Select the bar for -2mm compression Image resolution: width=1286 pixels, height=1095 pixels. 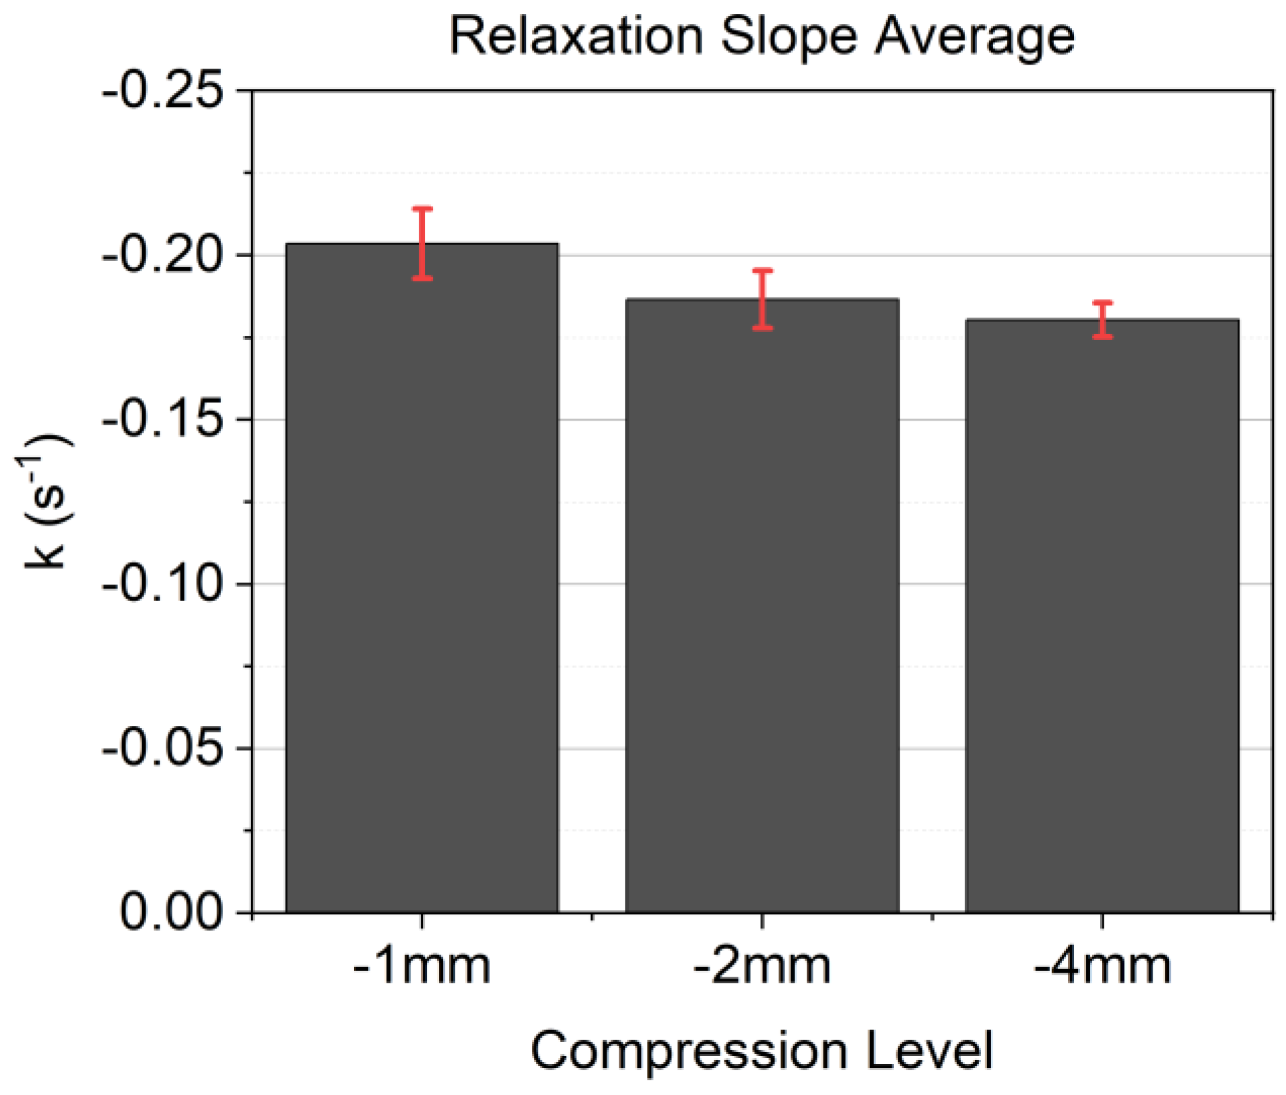pyautogui.click(x=762, y=606)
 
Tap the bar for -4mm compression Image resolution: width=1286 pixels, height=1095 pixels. pyautogui.click(x=1102, y=616)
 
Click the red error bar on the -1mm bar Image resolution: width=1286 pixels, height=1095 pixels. pyautogui.click(x=422, y=243)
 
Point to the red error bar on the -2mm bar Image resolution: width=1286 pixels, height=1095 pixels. pyautogui.click(x=762, y=299)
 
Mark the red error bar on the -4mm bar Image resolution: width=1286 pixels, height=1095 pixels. pyautogui.click(x=1102, y=319)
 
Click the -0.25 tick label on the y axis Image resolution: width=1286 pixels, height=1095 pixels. pyautogui.click(x=162, y=90)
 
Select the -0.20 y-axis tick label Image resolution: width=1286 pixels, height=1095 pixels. pyautogui.click(x=162, y=255)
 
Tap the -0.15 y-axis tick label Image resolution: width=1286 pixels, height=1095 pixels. pyautogui.click(x=162, y=419)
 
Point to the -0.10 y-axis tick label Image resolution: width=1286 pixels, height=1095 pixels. pyautogui.click(x=162, y=584)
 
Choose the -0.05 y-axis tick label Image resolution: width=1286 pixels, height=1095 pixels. pyautogui.click(x=162, y=748)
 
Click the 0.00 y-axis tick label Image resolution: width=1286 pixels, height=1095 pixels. pyautogui.click(x=171, y=913)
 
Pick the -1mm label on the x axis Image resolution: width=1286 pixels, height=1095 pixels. pyautogui.click(x=422, y=967)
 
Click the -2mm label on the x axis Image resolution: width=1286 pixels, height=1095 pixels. pyautogui.click(x=762, y=967)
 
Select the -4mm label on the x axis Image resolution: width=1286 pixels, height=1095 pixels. pyautogui.click(x=1102, y=967)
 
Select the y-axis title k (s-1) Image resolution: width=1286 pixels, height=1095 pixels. pyautogui.click(x=45, y=501)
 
